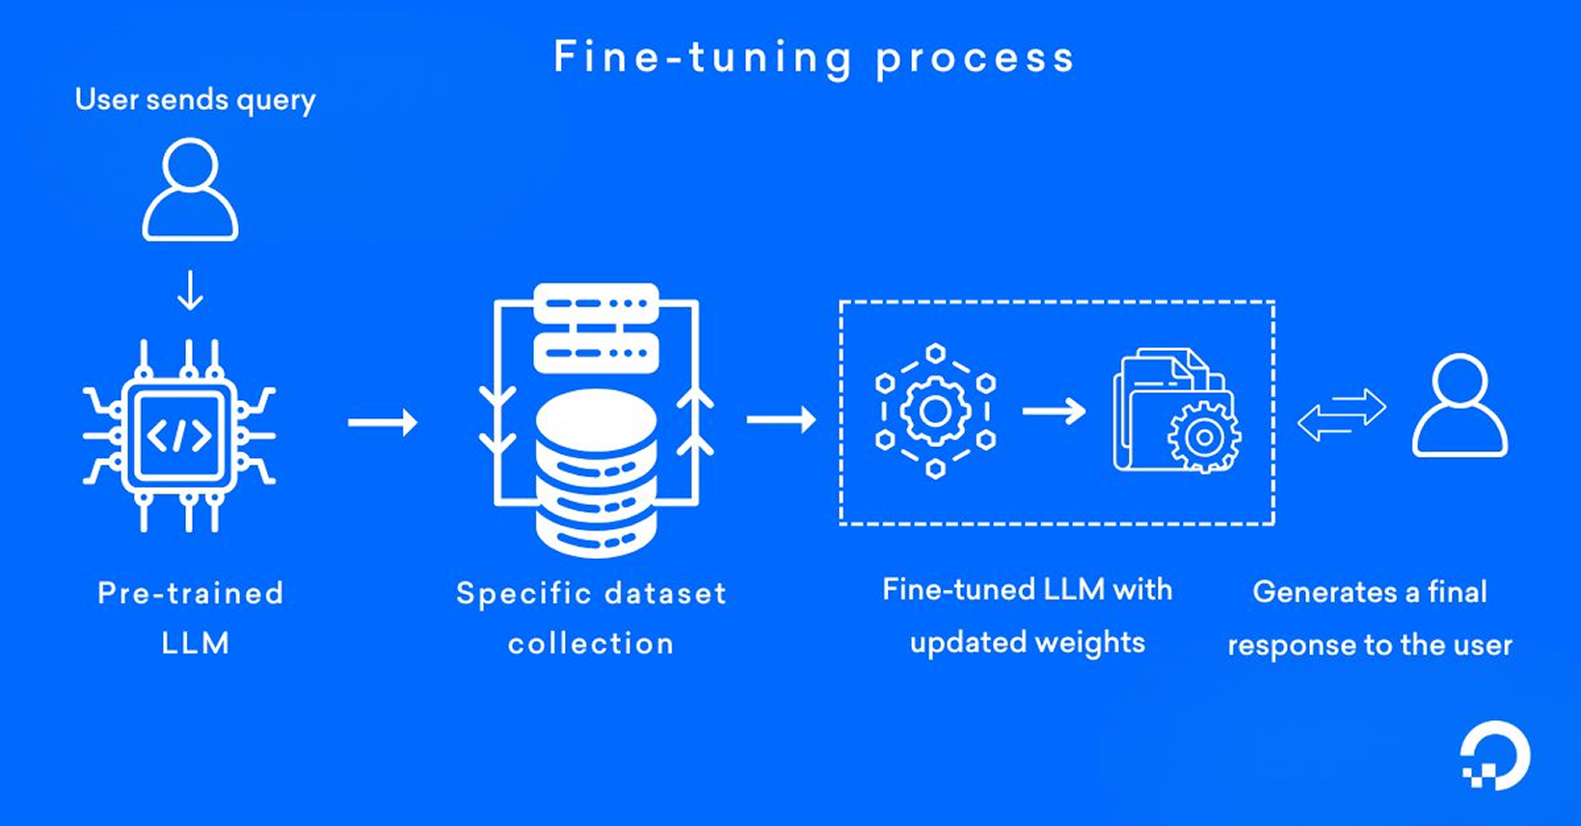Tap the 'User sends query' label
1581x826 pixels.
coord(195,100)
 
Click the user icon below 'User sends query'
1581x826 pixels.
coord(190,190)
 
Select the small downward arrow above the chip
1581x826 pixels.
coord(190,290)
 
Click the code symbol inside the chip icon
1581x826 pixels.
coord(180,436)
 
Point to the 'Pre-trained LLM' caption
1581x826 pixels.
coord(191,617)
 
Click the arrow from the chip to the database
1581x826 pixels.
coord(383,422)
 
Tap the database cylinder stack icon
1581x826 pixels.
coord(596,472)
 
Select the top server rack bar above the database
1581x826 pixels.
coord(596,303)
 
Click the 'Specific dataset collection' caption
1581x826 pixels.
coord(591,618)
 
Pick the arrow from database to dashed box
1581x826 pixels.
coord(781,419)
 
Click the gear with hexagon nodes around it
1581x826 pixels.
coord(935,412)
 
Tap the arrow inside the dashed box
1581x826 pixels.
coord(1054,412)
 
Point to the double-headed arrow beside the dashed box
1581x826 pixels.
coord(1341,414)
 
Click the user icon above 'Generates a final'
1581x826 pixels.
coord(1460,406)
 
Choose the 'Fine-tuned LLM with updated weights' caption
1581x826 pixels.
coord(1028,616)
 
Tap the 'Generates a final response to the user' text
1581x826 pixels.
coord(1370,618)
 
